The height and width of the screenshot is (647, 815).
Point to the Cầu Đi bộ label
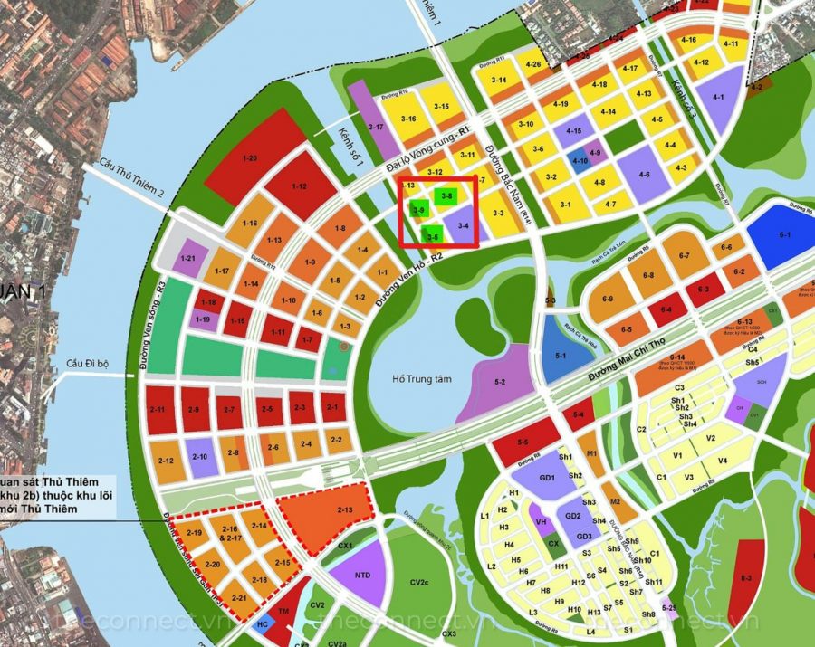[87, 364]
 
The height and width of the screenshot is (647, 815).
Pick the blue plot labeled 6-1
[782, 236]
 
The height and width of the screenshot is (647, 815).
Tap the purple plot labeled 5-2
[499, 383]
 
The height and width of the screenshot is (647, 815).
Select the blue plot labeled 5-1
[560, 356]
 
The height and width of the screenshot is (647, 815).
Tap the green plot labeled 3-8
[446, 195]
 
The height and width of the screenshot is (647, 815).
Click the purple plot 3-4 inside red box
[464, 225]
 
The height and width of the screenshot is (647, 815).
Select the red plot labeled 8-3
[747, 576]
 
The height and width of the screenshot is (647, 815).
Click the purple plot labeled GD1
[546, 478]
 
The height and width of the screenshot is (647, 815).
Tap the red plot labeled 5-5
[523, 442]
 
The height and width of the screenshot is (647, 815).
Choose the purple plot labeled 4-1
[718, 97]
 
